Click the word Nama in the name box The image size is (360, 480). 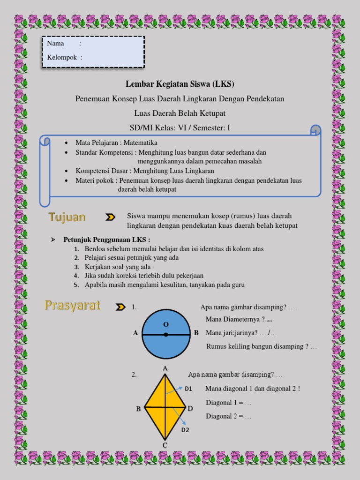(56, 44)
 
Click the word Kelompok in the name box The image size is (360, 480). (62, 58)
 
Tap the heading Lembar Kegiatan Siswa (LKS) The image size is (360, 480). (180, 84)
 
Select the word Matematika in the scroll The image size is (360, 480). (141, 143)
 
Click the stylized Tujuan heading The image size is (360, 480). (67, 217)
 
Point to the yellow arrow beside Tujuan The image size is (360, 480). (110, 217)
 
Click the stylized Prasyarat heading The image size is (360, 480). (73, 306)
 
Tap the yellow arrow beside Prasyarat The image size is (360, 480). (120, 307)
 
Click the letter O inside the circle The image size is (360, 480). (165, 324)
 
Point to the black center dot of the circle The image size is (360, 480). (166, 335)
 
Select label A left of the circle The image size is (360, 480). (135, 333)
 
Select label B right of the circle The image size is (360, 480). (196, 333)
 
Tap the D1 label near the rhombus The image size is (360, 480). (188, 389)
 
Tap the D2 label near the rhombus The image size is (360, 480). (185, 430)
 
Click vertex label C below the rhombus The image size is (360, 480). (165, 445)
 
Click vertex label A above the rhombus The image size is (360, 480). (165, 369)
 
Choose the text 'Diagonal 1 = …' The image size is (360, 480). (228, 403)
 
